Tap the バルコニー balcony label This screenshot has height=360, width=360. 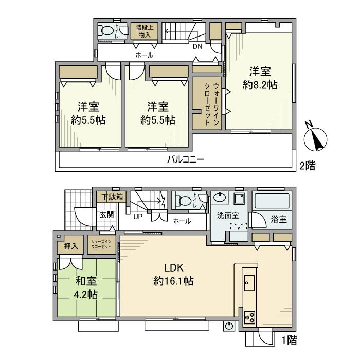[185, 159]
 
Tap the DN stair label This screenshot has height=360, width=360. [198, 46]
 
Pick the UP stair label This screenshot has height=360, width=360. [138, 217]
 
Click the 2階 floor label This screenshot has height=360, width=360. [308, 166]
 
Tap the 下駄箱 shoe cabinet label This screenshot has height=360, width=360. [112, 196]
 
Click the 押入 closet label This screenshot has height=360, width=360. [71, 246]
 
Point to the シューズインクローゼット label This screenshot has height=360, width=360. [100, 245]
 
